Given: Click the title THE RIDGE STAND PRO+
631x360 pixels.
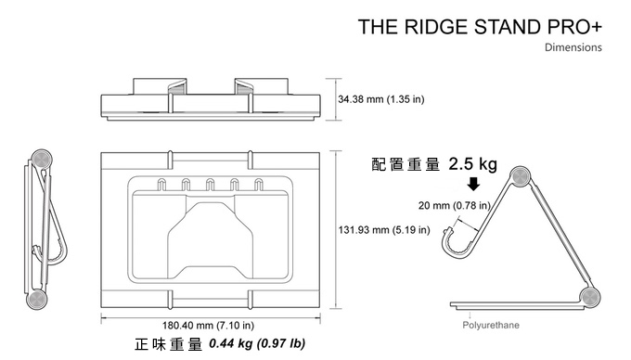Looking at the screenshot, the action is [x=480, y=27].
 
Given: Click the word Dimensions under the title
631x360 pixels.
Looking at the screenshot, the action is [x=573, y=47].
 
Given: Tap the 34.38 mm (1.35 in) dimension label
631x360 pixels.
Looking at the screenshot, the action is [x=381, y=99].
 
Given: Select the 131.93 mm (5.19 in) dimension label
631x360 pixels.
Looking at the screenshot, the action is [x=384, y=230].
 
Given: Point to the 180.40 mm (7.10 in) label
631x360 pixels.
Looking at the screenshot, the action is [x=208, y=325].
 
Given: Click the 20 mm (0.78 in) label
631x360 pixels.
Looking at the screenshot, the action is [x=455, y=206].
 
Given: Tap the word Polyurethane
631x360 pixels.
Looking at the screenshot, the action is [x=491, y=325].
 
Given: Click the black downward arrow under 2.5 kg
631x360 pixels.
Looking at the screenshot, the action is [x=473, y=184].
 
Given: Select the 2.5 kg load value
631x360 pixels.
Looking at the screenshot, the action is [x=473, y=164].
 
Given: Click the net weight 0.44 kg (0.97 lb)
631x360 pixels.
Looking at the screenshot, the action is [x=257, y=343].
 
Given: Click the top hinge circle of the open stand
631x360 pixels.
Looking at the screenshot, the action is [x=520, y=176].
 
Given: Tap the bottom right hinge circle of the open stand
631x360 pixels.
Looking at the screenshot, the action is [x=589, y=298].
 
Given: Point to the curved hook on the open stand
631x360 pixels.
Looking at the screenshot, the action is [x=457, y=244].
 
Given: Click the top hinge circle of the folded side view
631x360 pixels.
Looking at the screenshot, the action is [x=41, y=160].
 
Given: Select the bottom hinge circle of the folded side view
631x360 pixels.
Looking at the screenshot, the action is [x=37, y=300].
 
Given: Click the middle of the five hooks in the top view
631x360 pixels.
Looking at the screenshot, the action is [x=210, y=185].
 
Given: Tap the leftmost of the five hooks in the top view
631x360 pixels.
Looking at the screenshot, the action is [x=161, y=185].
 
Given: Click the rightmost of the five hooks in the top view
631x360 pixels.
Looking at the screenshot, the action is [x=259, y=185].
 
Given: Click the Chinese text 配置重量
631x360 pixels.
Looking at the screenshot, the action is [x=406, y=164].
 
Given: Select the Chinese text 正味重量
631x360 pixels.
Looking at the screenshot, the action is [x=169, y=344].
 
